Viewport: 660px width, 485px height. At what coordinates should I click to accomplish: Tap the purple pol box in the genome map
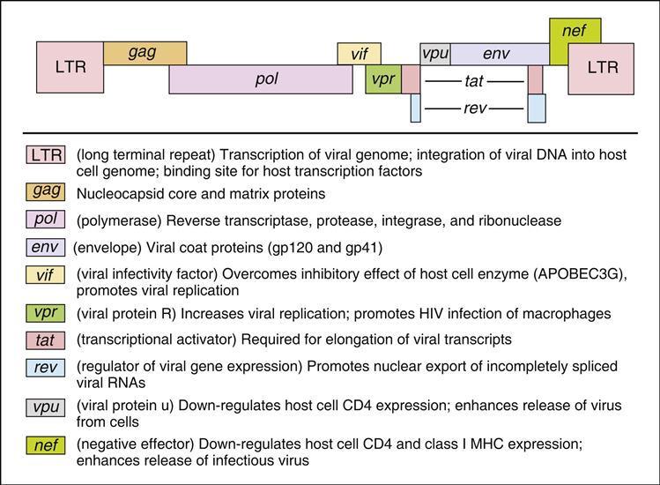(262, 79)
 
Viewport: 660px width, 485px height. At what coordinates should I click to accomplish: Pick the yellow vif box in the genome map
(360, 53)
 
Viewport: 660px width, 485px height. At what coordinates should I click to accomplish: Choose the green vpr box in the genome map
(383, 79)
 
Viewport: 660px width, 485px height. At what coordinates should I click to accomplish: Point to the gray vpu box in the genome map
(435, 53)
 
